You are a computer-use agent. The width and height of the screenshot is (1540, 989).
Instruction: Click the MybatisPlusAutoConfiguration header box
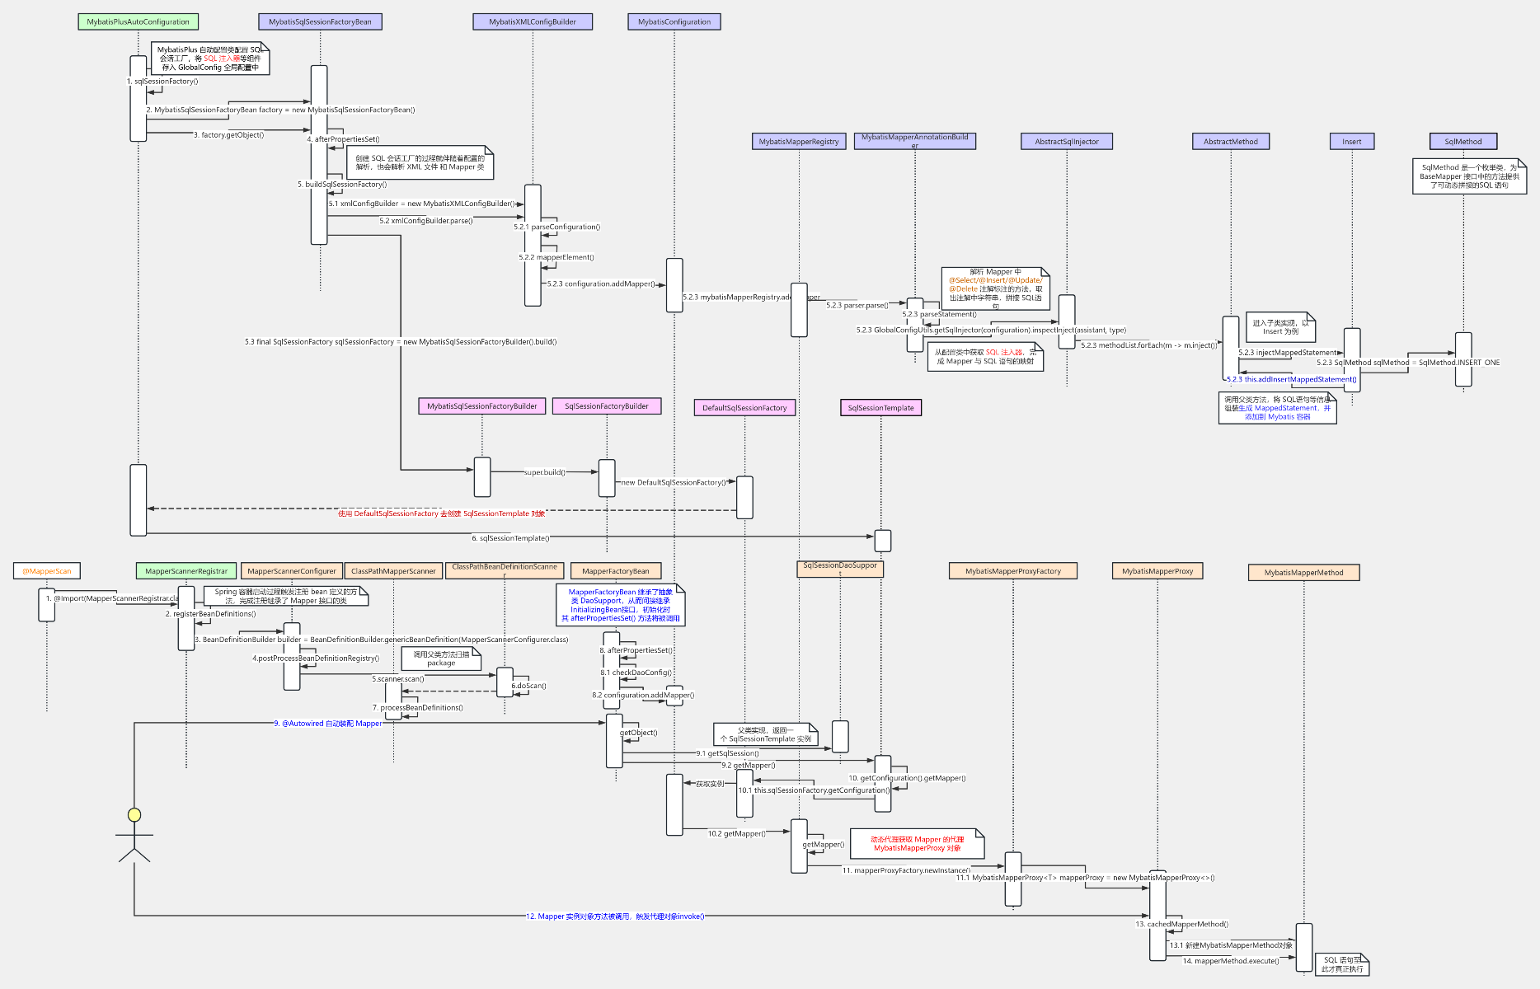[138, 22]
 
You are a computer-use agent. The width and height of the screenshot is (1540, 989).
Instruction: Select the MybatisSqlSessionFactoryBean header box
[320, 22]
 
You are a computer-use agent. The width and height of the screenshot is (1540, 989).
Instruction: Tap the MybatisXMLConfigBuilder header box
[533, 22]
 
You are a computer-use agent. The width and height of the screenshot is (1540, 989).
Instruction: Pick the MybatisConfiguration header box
[674, 22]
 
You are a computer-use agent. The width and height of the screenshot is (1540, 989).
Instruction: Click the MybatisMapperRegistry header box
[798, 142]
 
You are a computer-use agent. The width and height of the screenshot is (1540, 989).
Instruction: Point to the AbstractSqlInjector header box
[1067, 142]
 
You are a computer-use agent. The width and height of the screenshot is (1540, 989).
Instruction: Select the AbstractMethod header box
[1230, 142]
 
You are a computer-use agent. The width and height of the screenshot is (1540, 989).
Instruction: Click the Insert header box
[1351, 142]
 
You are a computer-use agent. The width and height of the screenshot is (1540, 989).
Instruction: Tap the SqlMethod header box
[1463, 142]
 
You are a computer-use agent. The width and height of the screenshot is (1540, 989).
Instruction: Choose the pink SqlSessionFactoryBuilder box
[607, 406]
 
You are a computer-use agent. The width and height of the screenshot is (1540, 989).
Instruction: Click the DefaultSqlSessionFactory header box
[744, 408]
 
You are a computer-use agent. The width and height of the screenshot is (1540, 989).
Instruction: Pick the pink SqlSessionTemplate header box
[880, 408]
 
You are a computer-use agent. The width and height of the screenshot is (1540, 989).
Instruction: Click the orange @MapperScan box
[47, 571]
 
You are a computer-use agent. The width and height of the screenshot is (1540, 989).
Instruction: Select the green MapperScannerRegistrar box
[186, 571]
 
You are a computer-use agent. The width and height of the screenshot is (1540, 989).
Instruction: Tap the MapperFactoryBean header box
[616, 571]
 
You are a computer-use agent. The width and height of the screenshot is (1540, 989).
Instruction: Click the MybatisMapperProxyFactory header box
[1013, 571]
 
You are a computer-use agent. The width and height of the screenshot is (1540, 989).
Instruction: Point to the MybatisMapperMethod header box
[1303, 573]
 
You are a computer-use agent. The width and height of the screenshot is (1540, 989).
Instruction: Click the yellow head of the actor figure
[134, 815]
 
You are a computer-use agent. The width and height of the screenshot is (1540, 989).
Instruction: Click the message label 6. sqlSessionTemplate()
[510, 538]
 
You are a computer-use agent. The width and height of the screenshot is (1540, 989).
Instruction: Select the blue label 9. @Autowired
[328, 724]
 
